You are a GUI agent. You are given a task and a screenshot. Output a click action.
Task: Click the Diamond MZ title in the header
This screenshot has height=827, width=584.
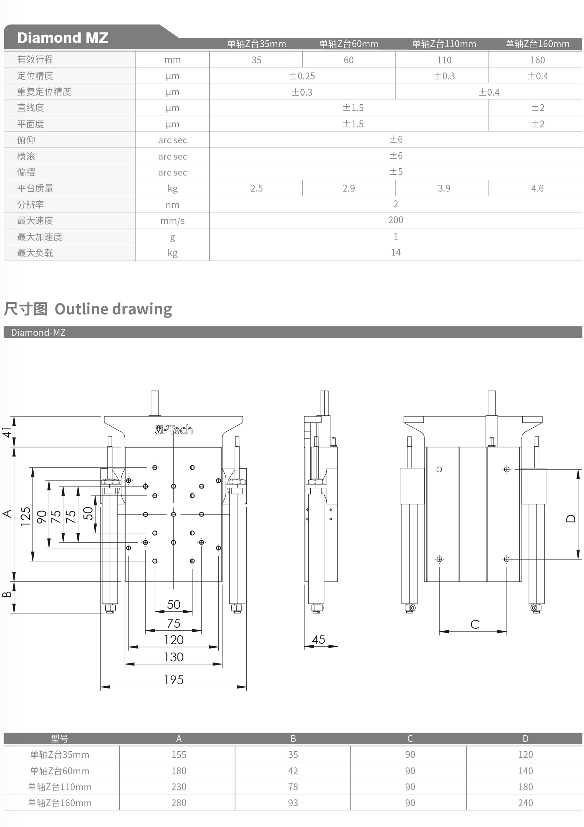pyautogui.click(x=63, y=38)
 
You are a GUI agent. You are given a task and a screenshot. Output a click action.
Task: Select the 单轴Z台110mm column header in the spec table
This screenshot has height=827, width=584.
pyautogui.click(x=444, y=44)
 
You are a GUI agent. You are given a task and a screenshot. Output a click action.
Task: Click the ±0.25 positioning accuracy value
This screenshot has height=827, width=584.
pyautogui.click(x=302, y=76)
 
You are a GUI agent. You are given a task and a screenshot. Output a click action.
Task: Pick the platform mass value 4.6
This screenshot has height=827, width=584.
pyautogui.click(x=537, y=188)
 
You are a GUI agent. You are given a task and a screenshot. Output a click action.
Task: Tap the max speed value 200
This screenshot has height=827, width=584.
pyautogui.click(x=395, y=220)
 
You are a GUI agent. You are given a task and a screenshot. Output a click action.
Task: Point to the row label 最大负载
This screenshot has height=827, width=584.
pyautogui.click(x=35, y=253)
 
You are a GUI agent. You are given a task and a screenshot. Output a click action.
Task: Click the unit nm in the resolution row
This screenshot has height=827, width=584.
pyautogui.click(x=172, y=205)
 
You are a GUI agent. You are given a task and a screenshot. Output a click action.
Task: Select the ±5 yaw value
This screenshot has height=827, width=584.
pyautogui.click(x=395, y=172)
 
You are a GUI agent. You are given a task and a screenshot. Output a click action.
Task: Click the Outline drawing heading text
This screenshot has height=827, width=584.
pyautogui.click(x=113, y=309)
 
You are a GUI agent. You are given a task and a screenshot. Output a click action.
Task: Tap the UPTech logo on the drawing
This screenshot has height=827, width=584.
pyautogui.click(x=173, y=430)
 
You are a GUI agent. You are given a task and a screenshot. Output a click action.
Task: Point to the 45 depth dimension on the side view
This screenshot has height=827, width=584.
pyautogui.click(x=318, y=639)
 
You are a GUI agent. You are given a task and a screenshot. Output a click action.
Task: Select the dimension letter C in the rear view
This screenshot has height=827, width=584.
pyautogui.click(x=475, y=624)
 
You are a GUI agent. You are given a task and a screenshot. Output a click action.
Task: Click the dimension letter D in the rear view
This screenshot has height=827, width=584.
pyautogui.click(x=571, y=518)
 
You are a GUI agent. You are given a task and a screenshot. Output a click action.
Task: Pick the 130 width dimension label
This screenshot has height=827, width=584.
pyautogui.click(x=174, y=657)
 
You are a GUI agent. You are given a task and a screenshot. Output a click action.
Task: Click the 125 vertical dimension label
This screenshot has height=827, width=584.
pyautogui.click(x=25, y=516)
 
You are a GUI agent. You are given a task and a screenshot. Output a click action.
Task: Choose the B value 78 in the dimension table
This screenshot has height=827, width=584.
pyautogui.click(x=293, y=787)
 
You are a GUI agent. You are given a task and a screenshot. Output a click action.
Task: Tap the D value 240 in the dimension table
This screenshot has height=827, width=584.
pyautogui.click(x=525, y=803)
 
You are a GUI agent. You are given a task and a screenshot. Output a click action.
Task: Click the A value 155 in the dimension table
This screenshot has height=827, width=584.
pyautogui.click(x=179, y=755)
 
